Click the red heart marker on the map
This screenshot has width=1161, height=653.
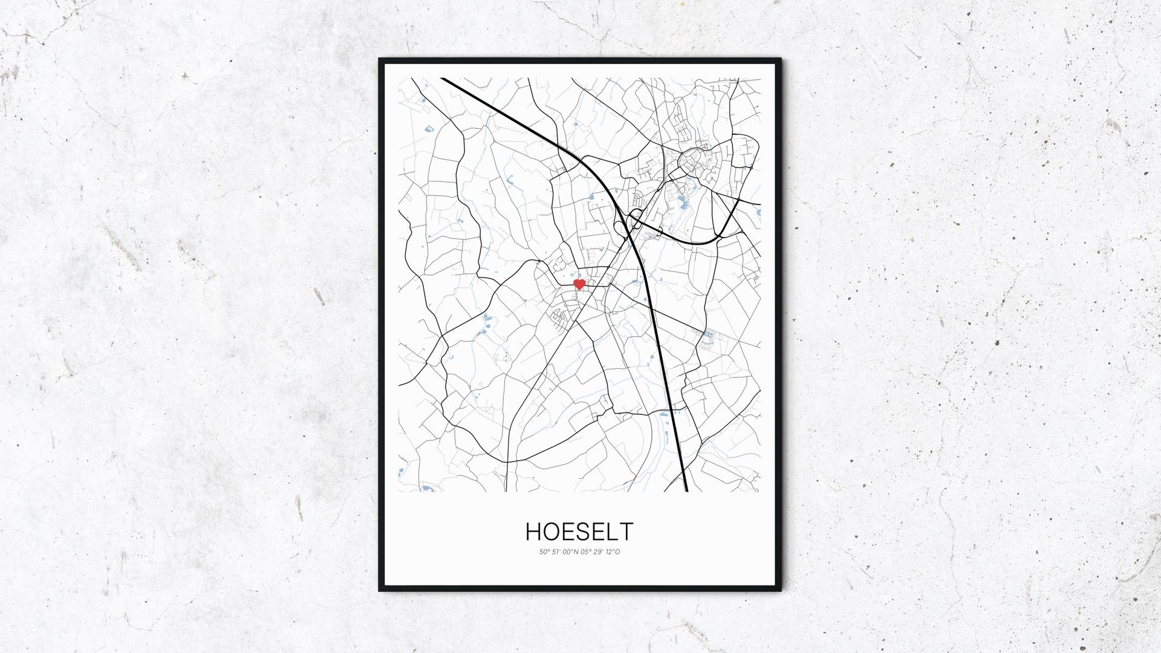coord(579,284)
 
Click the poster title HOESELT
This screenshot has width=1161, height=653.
coord(579,531)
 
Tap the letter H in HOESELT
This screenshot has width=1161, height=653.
coord(533,531)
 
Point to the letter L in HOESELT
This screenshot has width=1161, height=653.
coord(614,531)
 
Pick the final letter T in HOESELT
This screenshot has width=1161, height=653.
coord(626,531)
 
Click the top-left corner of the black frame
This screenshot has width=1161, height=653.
coord(380,60)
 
